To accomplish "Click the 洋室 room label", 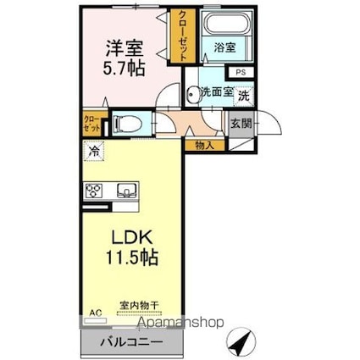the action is tap(125, 48).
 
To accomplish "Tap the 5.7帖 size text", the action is tap(124, 69).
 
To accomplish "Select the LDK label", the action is tap(132, 237).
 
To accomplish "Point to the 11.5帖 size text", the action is tap(131, 257).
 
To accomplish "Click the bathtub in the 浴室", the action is tap(227, 24).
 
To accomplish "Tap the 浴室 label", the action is tap(224, 47).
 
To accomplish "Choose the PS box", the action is tap(241, 72).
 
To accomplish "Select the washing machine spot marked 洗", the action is tap(244, 96).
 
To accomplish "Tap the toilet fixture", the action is tap(127, 124).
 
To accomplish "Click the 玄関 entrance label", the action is tap(241, 124).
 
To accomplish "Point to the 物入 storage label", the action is tap(205, 146).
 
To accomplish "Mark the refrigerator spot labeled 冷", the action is tap(94, 151).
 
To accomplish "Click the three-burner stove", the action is tap(94, 191).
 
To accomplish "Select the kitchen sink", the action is tap(127, 191).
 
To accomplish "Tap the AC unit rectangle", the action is tap(96, 321).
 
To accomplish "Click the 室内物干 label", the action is tap(138, 305).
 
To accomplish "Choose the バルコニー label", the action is tap(131, 342).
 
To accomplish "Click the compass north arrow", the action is tap(241, 343).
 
